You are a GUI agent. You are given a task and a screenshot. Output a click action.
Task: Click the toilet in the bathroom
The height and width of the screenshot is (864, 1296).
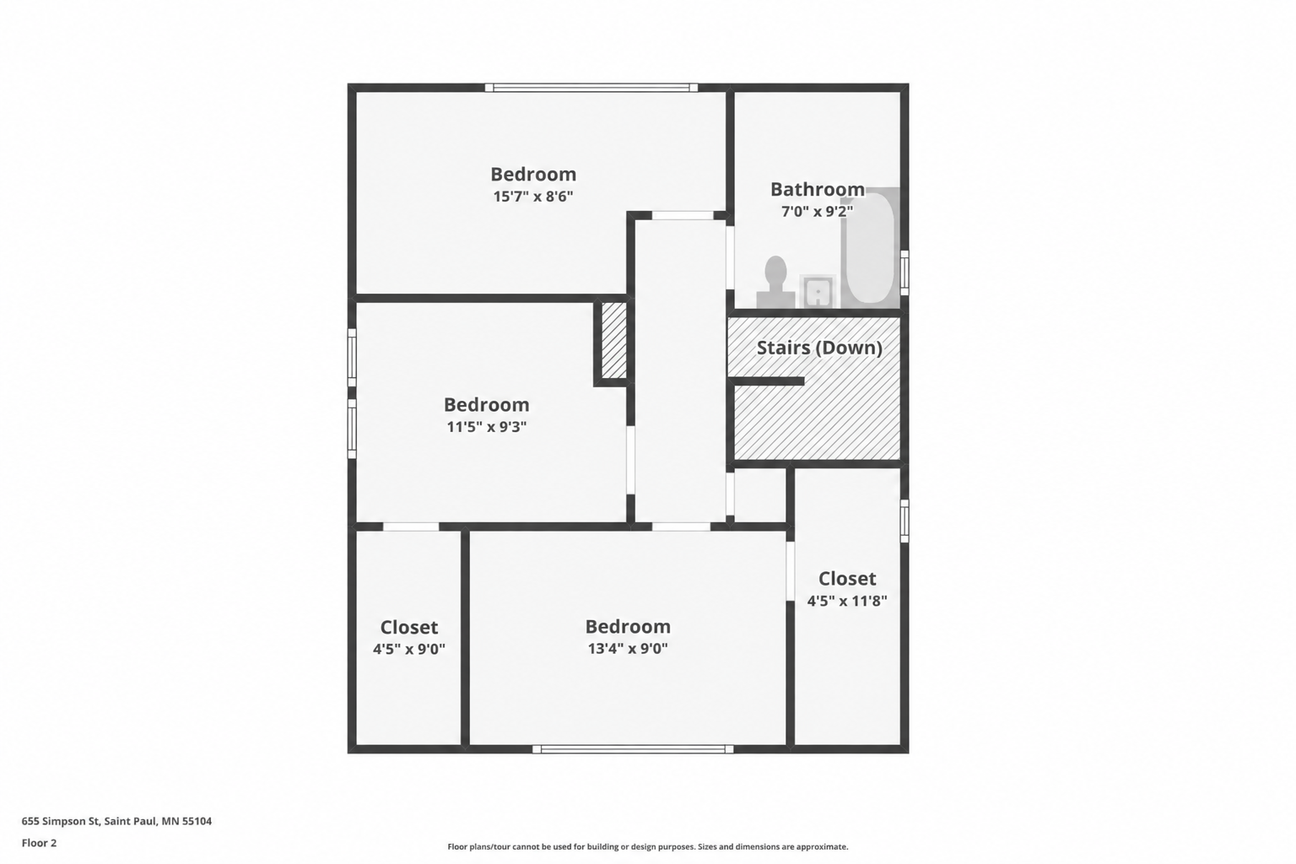tap(775, 283)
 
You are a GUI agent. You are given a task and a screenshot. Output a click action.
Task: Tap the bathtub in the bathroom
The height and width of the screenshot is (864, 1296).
tap(870, 248)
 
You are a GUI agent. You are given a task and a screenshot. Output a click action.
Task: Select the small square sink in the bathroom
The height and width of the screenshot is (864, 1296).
tap(818, 292)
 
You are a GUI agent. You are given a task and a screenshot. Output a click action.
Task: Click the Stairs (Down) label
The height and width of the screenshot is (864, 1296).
tap(819, 348)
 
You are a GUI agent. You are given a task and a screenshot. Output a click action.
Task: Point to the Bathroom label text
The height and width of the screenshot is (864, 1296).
tap(818, 189)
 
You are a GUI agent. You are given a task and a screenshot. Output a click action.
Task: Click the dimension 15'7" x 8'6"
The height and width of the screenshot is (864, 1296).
tap(533, 197)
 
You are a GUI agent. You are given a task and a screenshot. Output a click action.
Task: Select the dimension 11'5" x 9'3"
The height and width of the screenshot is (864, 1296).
tap(487, 427)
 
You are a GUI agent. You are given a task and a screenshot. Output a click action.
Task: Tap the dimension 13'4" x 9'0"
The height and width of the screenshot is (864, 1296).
tap(628, 649)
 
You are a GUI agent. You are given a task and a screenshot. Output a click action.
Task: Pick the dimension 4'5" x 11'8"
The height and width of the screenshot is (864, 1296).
tap(847, 602)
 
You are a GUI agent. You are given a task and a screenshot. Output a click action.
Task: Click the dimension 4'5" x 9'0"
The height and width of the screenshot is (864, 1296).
tap(409, 650)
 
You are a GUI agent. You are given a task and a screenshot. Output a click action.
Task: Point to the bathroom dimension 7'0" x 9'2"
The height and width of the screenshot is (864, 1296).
tap(818, 212)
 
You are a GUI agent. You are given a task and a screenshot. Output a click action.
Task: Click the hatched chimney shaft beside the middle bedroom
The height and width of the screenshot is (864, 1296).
tap(614, 340)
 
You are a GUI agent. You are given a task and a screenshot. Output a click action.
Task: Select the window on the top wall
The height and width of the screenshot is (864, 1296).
tap(591, 88)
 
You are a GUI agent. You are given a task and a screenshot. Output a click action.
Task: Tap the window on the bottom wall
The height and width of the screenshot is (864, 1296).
tap(633, 749)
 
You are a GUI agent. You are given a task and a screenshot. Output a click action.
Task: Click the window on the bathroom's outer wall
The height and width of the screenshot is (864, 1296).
tap(904, 273)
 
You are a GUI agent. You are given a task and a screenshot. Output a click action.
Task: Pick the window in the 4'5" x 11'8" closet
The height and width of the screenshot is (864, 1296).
tap(904, 521)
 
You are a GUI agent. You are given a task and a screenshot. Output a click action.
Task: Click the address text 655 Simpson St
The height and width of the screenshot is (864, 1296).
tap(62, 821)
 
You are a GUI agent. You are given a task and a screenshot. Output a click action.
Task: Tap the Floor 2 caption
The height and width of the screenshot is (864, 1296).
tap(40, 843)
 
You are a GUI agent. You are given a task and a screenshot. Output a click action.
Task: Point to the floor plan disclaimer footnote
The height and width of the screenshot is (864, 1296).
tap(648, 846)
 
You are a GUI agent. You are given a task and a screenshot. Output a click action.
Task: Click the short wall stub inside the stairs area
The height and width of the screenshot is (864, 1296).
tap(767, 381)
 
